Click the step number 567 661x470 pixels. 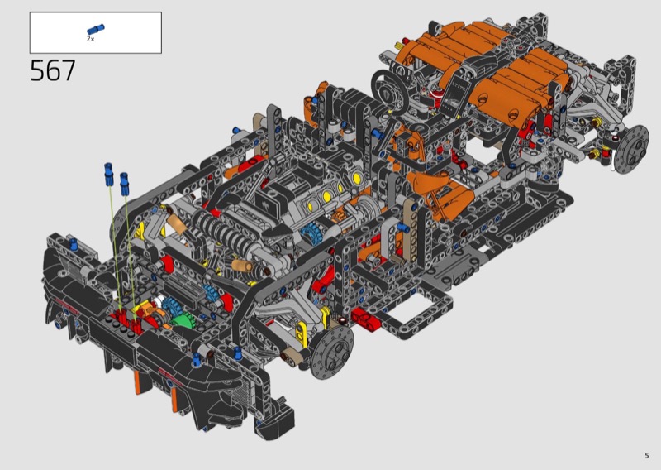(53, 70)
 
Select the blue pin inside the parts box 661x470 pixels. (96, 30)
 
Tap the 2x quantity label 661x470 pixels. (91, 39)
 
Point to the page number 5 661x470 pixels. (647, 455)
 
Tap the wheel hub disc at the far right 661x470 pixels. (631, 150)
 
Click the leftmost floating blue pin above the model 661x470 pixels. (109, 174)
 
